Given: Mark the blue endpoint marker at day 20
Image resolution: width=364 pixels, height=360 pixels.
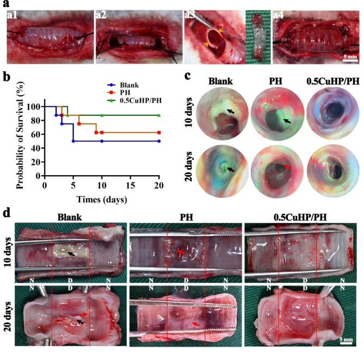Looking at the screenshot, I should [x=158, y=141].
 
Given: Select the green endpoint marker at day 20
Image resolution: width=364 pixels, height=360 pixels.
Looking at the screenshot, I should [x=158, y=115].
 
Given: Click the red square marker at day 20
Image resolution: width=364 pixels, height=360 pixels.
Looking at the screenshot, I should [x=158, y=133].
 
